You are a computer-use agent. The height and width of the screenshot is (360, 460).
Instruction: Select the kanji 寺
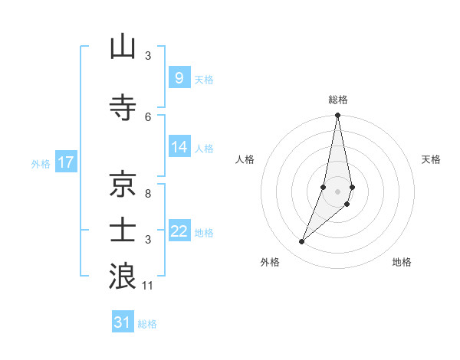(123, 108)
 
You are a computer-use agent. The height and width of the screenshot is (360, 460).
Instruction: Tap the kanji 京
(123, 184)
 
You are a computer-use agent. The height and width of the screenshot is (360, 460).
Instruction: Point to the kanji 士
(123, 230)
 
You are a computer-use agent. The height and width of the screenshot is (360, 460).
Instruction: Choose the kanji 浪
(123, 277)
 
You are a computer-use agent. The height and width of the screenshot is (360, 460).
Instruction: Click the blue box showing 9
(179, 78)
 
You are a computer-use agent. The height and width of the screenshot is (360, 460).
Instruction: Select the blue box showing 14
(179, 148)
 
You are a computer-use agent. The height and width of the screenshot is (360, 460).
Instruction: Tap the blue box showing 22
(179, 232)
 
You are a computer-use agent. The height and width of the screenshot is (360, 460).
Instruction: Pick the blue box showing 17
(65, 162)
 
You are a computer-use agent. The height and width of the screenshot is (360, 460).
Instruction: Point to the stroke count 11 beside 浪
(149, 286)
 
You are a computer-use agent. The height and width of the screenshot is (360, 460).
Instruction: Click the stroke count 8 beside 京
(149, 194)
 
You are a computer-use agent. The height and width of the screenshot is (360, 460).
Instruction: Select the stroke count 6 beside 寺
(149, 116)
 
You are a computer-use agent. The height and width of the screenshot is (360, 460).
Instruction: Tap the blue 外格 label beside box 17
(41, 163)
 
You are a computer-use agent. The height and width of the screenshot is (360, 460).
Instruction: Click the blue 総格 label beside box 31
(147, 324)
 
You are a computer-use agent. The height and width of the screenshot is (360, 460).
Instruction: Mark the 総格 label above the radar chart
(337, 100)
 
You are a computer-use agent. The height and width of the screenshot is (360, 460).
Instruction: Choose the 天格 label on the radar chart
(432, 159)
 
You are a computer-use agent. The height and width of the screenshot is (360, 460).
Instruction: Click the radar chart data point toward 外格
(302, 242)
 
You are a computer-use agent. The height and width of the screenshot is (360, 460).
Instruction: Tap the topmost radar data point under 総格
(337, 116)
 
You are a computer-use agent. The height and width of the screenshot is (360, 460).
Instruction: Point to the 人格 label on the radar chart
(245, 159)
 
